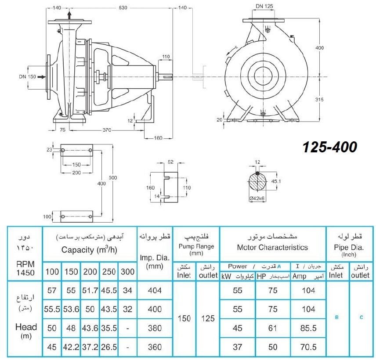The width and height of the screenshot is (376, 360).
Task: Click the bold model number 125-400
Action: point(330,147)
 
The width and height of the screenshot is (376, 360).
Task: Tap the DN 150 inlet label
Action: point(27,77)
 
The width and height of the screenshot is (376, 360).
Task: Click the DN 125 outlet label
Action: point(264,6)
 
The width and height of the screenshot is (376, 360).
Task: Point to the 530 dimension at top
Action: point(123,7)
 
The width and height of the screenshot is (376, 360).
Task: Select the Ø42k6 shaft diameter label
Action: point(257,198)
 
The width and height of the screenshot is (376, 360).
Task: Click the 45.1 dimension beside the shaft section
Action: point(276,181)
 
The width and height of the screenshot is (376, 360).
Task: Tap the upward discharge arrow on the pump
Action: point(69,15)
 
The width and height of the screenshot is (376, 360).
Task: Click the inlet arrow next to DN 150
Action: point(42,77)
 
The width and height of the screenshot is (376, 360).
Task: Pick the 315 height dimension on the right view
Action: point(319,100)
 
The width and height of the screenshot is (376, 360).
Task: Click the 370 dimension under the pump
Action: point(107,130)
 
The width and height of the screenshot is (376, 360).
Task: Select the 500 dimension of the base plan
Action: point(113,178)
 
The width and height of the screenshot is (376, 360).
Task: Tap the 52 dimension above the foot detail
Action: point(170,162)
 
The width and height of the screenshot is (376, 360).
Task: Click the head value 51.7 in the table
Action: point(90,291)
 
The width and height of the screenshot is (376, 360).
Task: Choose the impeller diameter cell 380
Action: point(155,328)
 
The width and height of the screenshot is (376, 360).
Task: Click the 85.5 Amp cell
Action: point(308,328)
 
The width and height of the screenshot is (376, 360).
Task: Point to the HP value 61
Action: point(273,328)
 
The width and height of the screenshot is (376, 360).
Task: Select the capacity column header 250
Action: point(109,272)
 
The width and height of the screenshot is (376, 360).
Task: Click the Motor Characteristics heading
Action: point(272,247)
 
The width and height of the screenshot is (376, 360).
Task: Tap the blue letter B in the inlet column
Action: point(336,317)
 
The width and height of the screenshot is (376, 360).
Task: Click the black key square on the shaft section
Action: point(257,173)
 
